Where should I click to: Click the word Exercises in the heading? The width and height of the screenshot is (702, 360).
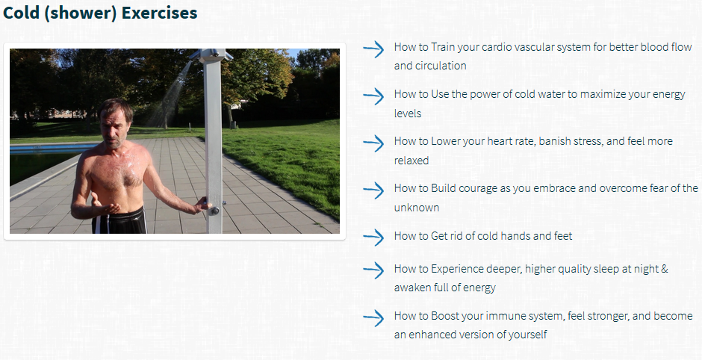click(x=159, y=13)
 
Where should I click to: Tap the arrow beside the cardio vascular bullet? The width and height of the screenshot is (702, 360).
click(x=373, y=49)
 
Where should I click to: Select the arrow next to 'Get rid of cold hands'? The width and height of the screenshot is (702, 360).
click(x=373, y=238)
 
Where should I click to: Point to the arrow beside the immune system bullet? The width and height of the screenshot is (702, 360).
click(x=373, y=318)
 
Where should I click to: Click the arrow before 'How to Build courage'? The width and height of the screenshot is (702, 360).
click(x=373, y=190)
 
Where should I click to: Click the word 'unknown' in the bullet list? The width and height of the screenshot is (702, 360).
click(x=417, y=208)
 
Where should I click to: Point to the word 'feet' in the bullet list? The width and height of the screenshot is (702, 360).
click(x=563, y=235)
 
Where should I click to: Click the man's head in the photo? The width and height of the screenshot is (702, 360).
click(x=116, y=122)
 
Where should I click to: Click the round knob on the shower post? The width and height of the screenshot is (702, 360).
click(x=214, y=211)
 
